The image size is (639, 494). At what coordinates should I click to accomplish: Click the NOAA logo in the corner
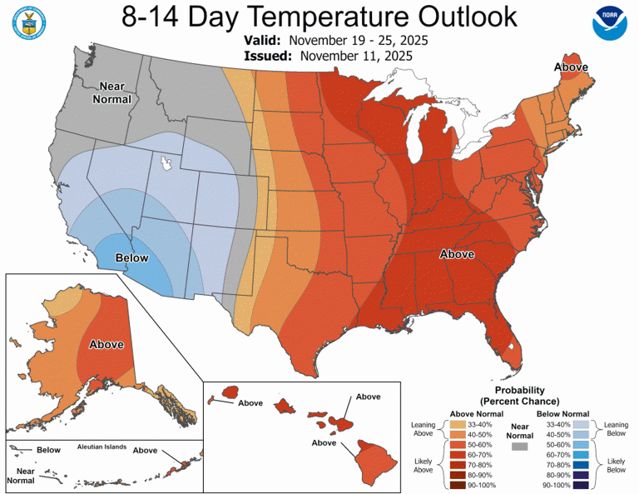612,24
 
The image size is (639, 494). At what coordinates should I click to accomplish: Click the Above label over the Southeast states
457,254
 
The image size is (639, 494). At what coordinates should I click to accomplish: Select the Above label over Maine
572,67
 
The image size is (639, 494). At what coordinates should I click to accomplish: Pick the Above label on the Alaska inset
106,344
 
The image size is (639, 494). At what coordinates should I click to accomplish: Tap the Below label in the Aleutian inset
49,450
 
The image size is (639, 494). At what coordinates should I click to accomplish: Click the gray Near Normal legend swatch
521,447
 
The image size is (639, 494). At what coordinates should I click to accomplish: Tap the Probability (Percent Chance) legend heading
520,395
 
